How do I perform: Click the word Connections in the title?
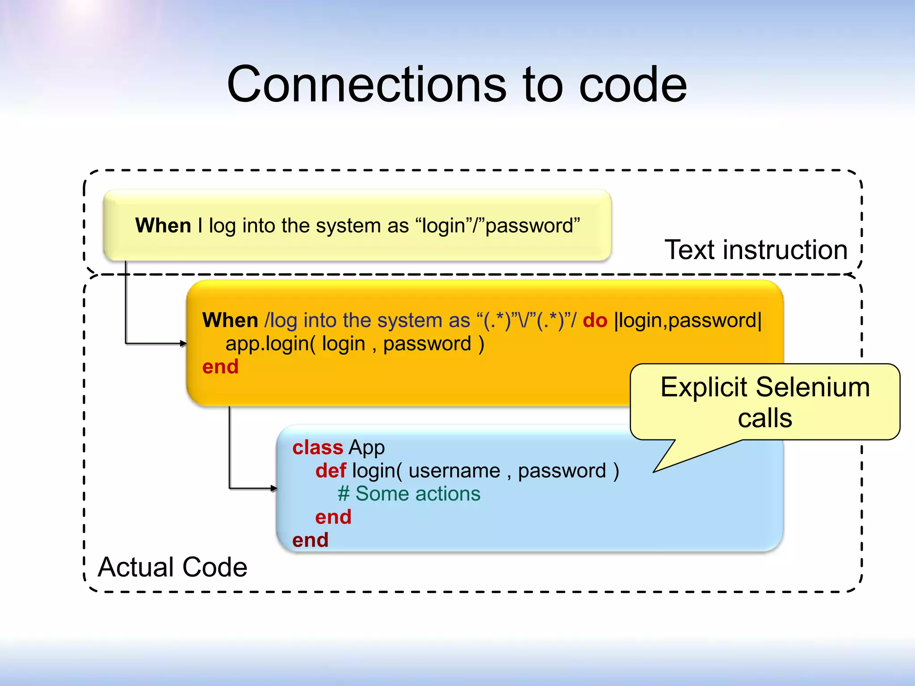[366, 85]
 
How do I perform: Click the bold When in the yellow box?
[163, 226]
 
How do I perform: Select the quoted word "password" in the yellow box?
[532, 226]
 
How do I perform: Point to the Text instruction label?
[756, 250]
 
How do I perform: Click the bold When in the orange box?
[230, 321]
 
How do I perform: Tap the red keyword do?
[595, 321]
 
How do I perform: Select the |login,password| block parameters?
[688, 321]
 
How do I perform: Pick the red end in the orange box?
[220, 367]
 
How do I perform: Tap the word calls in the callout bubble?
[765, 418]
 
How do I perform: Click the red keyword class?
[317, 448]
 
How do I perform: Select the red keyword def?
[331, 471]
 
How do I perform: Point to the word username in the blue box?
[454, 471]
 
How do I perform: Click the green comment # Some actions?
[409, 494]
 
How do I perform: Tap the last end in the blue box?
[310, 540]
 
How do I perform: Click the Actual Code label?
[172, 567]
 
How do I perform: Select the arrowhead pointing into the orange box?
[183, 343]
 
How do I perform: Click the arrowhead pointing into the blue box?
[274, 488]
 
